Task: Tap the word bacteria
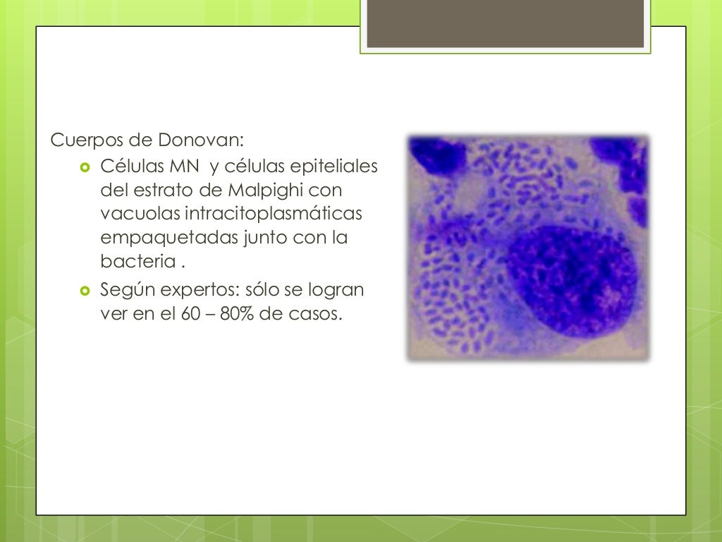(137, 262)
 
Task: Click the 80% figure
(237, 314)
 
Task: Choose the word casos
(312, 314)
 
